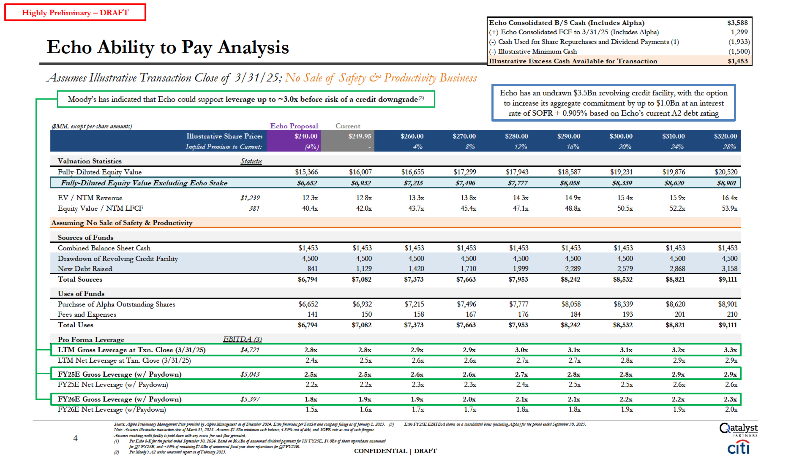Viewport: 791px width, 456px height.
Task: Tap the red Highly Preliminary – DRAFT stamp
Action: pos(75,13)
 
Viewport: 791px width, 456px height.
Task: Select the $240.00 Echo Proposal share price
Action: pos(306,136)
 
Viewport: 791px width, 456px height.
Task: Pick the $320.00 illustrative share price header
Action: pos(725,136)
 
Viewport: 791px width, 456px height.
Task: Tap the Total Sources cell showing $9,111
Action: pos(728,279)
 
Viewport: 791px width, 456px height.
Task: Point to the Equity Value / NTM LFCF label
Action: pos(100,208)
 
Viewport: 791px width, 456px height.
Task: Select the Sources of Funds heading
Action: pos(86,237)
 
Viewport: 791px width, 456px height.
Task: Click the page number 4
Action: pos(75,438)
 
